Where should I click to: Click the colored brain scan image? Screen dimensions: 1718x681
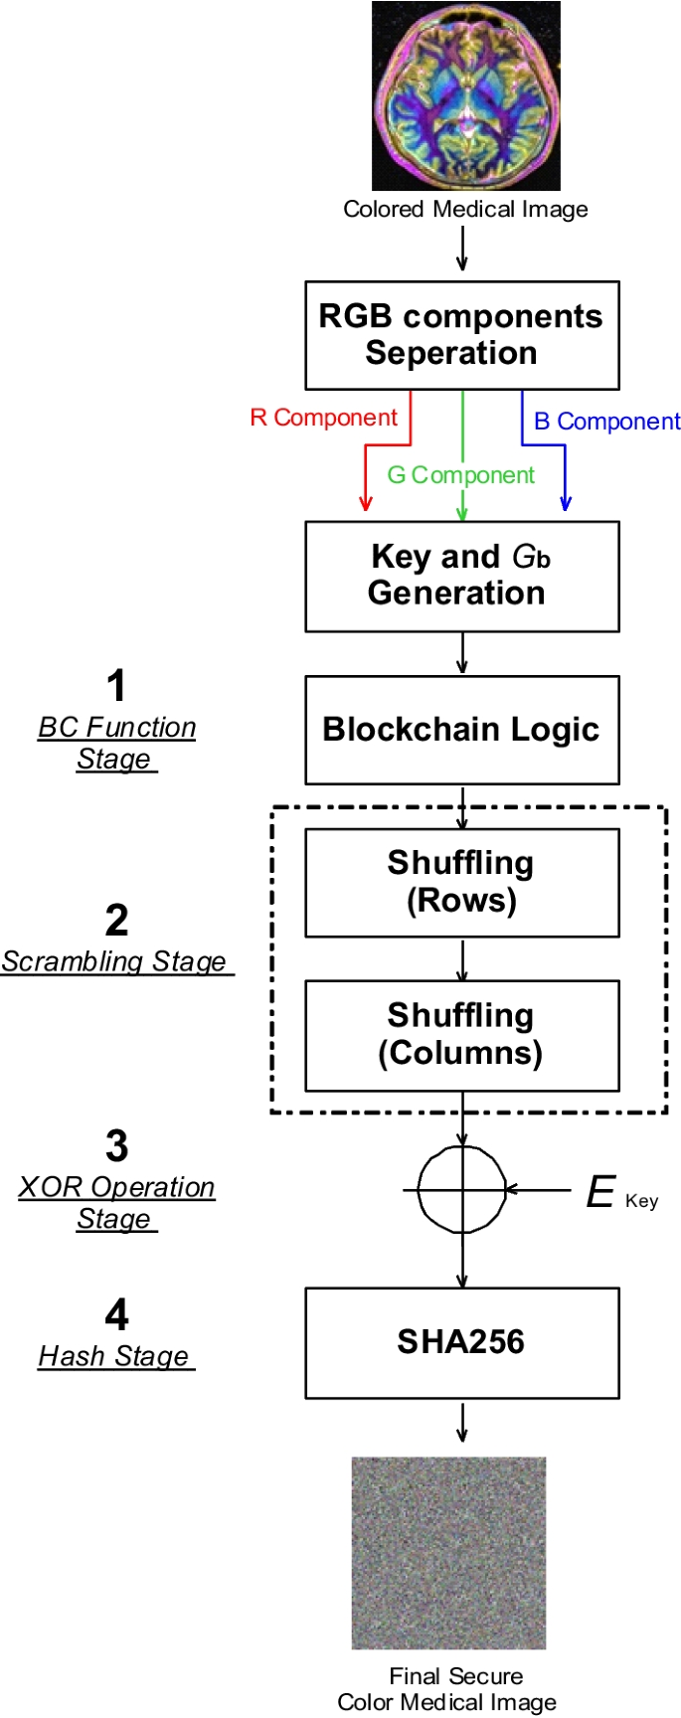pos(465,95)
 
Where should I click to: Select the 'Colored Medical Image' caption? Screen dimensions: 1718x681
pos(465,210)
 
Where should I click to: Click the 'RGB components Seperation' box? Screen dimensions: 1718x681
pos(461,335)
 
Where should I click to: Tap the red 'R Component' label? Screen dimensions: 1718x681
pos(323,418)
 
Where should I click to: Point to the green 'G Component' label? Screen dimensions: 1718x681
pos(460,475)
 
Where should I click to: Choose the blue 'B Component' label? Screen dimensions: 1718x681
pos(606,422)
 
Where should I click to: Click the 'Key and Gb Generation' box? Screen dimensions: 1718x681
pos(461,576)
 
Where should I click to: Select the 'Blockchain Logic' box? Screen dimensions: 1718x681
pos(461,730)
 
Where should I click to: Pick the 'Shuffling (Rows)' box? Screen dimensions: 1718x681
pos(461,882)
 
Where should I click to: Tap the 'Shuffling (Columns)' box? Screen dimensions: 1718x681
pos(461,1034)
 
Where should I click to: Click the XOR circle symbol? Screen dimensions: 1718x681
pos(461,1189)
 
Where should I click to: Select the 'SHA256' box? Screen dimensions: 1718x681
pos(461,1342)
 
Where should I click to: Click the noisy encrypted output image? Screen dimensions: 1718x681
pos(448,1552)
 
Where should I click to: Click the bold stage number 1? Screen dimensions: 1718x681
pos(116,686)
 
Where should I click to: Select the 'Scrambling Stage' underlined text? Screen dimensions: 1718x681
pos(114,961)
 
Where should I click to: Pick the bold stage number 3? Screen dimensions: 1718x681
pos(116,1146)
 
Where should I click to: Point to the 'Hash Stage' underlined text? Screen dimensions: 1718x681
pos(114,1356)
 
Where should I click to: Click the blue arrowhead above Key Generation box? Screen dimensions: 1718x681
pos(565,504)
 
